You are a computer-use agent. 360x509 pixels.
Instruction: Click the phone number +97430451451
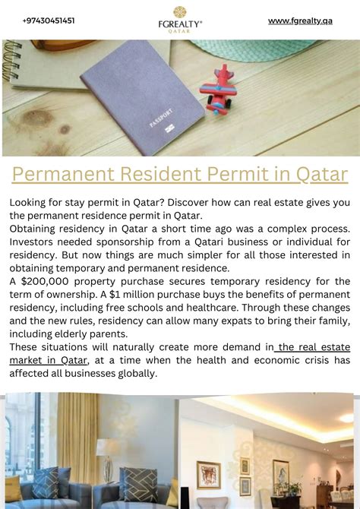tap(49, 21)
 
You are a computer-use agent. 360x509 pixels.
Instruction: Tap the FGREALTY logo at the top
tap(180, 19)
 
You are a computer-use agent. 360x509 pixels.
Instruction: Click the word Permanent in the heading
tap(63, 174)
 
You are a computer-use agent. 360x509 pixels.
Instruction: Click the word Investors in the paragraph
tap(33, 241)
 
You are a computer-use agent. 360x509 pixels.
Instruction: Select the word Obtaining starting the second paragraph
tap(36, 228)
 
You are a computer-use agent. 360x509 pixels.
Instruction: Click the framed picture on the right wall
tap(280, 472)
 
